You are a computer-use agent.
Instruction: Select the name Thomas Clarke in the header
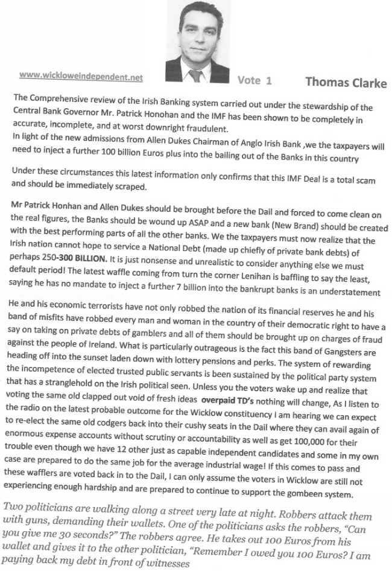346,83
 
